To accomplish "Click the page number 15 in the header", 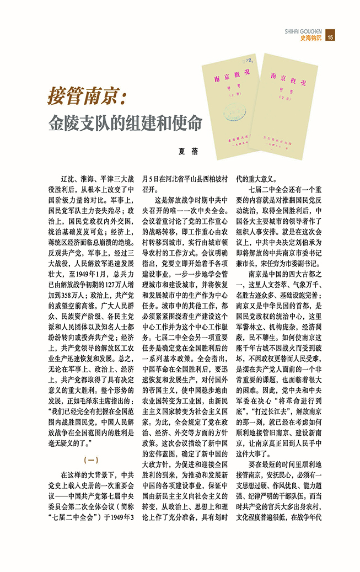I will click(330, 38).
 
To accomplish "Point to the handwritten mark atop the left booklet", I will click(246, 55).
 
